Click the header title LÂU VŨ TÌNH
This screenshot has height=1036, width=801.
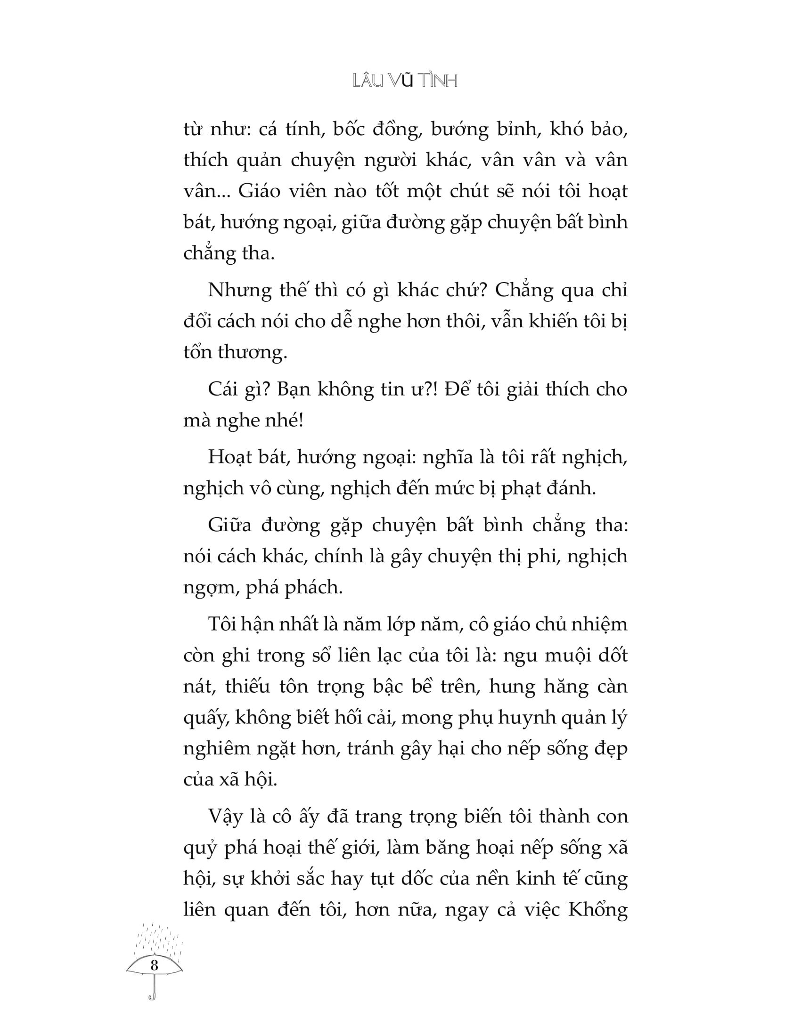tap(405, 81)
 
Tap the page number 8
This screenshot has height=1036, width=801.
tap(154, 965)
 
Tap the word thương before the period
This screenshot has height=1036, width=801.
tap(252, 352)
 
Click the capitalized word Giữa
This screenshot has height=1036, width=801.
tap(229, 526)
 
